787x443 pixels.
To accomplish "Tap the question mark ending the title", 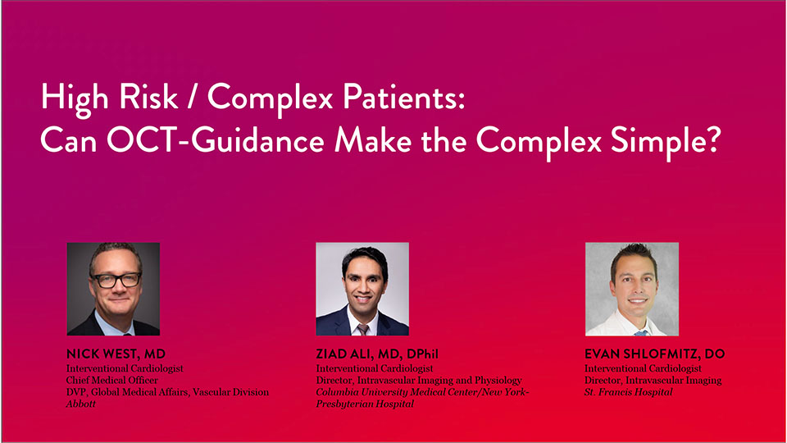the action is pyautogui.click(x=713, y=139).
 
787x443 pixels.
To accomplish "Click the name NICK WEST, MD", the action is pyautogui.click(x=116, y=354).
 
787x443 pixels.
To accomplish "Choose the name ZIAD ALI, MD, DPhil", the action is pyautogui.click(x=377, y=354).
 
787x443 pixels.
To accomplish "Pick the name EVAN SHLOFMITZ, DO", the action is pyautogui.click(x=654, y=354).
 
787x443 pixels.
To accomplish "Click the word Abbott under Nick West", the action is pyautogui.click(x=81, y=404).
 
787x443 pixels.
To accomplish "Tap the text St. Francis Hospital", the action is pyautogui.click(x=629, y=392).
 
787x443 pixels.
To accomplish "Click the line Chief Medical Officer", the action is pyautogui.click(x=112, y=380).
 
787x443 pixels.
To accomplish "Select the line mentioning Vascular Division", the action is pyautogui.click(x=167, y=392).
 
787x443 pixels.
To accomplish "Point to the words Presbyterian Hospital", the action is pyautogui.click(x=365, y=404).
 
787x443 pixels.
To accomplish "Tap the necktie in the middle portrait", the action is pyautogui.click(x=362, y=330).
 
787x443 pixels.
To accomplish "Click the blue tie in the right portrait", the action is pyautogui.click(x=639, y=333).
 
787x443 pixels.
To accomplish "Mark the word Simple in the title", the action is pyautogui.click(x=658, y=140).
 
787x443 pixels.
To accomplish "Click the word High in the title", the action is pyautogui.click(x=75, y=98).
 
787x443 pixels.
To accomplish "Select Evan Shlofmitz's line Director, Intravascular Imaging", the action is pyautogui.click(x=653, y=380).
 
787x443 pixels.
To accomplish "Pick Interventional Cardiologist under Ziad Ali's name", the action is pyautogui.click(x=375, y=368).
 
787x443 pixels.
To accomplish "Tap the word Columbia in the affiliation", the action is pyautogui.click(x=337, y=392).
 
